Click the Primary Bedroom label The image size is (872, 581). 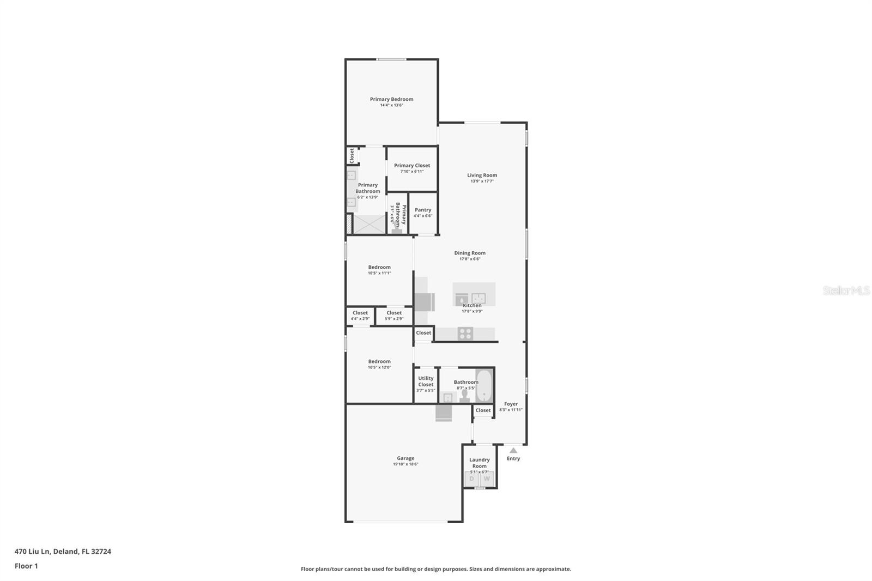[391, 99]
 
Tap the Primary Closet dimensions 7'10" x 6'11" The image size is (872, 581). [412, 172]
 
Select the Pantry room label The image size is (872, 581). [423, 210]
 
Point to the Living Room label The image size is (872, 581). [482, 175]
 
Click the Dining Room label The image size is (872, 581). [470, 253]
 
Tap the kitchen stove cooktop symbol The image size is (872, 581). [465, 334]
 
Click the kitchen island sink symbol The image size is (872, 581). [479, 298]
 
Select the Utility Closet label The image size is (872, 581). [426, 381]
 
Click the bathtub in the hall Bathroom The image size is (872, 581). [484, 386]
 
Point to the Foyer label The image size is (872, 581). [511, 404]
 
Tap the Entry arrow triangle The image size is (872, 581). [513, 450]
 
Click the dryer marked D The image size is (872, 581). [471, 479]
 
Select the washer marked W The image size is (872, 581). [487, 479]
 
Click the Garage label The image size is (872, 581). [405, 458]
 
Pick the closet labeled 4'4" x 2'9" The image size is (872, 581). [360, 316]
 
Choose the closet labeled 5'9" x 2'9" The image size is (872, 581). [394, 316]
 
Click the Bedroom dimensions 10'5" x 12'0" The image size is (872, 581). [379, 367]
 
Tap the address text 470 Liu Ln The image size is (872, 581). [33, 552]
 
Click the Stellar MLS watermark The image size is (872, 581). [846, 291]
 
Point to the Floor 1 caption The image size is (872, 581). [26, 566]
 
